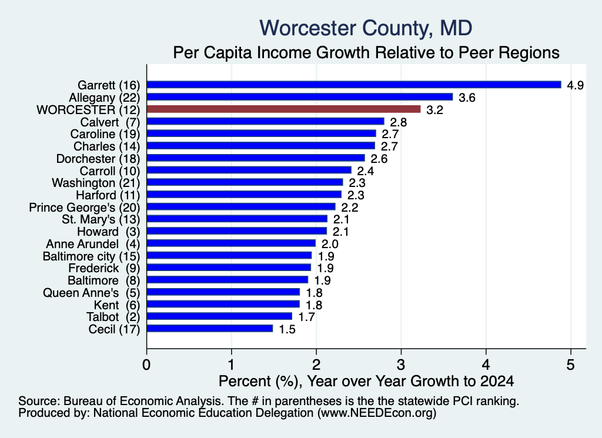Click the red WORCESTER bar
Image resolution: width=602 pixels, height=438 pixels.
click(x=284, y=109)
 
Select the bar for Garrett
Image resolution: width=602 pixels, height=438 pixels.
click(x=354, y=85)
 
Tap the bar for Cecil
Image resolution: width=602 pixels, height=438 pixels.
click(x=210, y=329)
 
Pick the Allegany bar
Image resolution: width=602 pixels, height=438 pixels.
click(x=300, y=97)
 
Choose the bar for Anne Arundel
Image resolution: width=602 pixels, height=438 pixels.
click(x=231, y=243)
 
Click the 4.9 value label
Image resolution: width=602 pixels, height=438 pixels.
click(x=575, y=85)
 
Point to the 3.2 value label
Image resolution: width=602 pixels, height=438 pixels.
click(x=434, y=110)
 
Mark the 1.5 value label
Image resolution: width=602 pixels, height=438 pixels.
click(x=287, y=329)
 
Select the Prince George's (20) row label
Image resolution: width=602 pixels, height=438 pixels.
click(x=85, y=208)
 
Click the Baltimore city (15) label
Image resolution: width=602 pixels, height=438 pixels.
click(x=91, y=256)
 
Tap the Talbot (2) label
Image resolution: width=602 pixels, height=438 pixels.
click(x=113, y=317)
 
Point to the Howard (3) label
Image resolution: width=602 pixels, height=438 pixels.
click(x=109, y=232)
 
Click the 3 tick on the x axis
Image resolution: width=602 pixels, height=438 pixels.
click(x=401, y=365)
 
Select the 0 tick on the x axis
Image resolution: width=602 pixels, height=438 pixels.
click(x=146, y=365)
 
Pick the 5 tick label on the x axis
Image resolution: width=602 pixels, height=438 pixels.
click(x=570, y=365)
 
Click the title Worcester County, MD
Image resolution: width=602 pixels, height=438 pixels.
click(x=366, y=28)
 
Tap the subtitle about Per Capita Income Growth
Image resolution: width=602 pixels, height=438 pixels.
click(x=366, y=52)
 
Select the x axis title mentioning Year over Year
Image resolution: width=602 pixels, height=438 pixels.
click(x=366, y=381)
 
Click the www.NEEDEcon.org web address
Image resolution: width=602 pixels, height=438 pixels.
click(x=377, y=413)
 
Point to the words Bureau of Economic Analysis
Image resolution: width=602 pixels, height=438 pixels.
click(x=142, y=401)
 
